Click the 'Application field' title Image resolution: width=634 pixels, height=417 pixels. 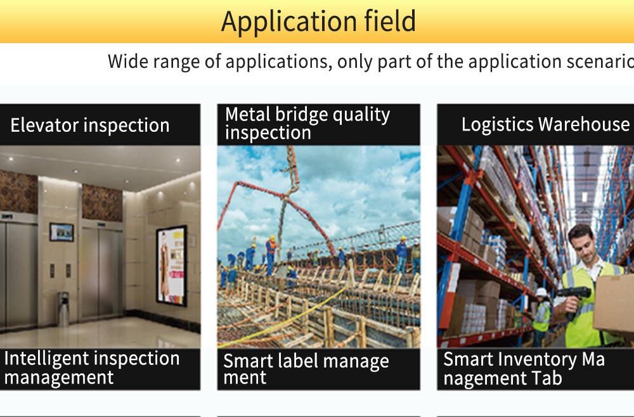318,22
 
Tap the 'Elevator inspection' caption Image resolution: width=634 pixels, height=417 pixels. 90,125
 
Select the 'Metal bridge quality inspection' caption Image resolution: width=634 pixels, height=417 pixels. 307,123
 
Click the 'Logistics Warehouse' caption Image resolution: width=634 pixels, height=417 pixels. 545,124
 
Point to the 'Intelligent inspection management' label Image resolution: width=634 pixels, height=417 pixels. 92,368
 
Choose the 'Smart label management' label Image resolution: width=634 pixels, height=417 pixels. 306,369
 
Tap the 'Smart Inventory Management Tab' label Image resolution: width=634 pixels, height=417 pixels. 524,368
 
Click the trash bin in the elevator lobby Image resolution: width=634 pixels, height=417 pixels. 63,309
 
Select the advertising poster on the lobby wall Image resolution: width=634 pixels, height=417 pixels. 171,266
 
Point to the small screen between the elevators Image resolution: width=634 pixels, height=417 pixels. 61,232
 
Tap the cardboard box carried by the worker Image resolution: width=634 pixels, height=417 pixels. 614,304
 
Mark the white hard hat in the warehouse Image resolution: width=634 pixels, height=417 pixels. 541,292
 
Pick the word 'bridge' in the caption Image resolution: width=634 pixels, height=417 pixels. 301,114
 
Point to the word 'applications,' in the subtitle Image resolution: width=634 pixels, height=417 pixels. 279,62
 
